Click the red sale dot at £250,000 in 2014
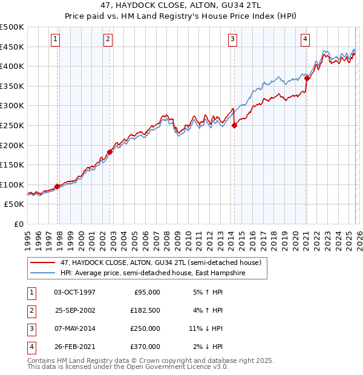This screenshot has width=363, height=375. click(x=234, y=125)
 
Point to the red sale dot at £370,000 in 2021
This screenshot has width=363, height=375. click(x=307, y=78)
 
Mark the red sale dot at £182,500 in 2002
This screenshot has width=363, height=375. click(x=110, y=152)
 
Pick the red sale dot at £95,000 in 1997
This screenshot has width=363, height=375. click(x=57, y=186)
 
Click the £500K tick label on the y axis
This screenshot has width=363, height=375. click(x=12, y=27)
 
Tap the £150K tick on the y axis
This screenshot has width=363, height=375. click(x=12, y=165)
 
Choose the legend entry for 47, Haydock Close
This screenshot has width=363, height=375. click(x=160, y=263)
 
